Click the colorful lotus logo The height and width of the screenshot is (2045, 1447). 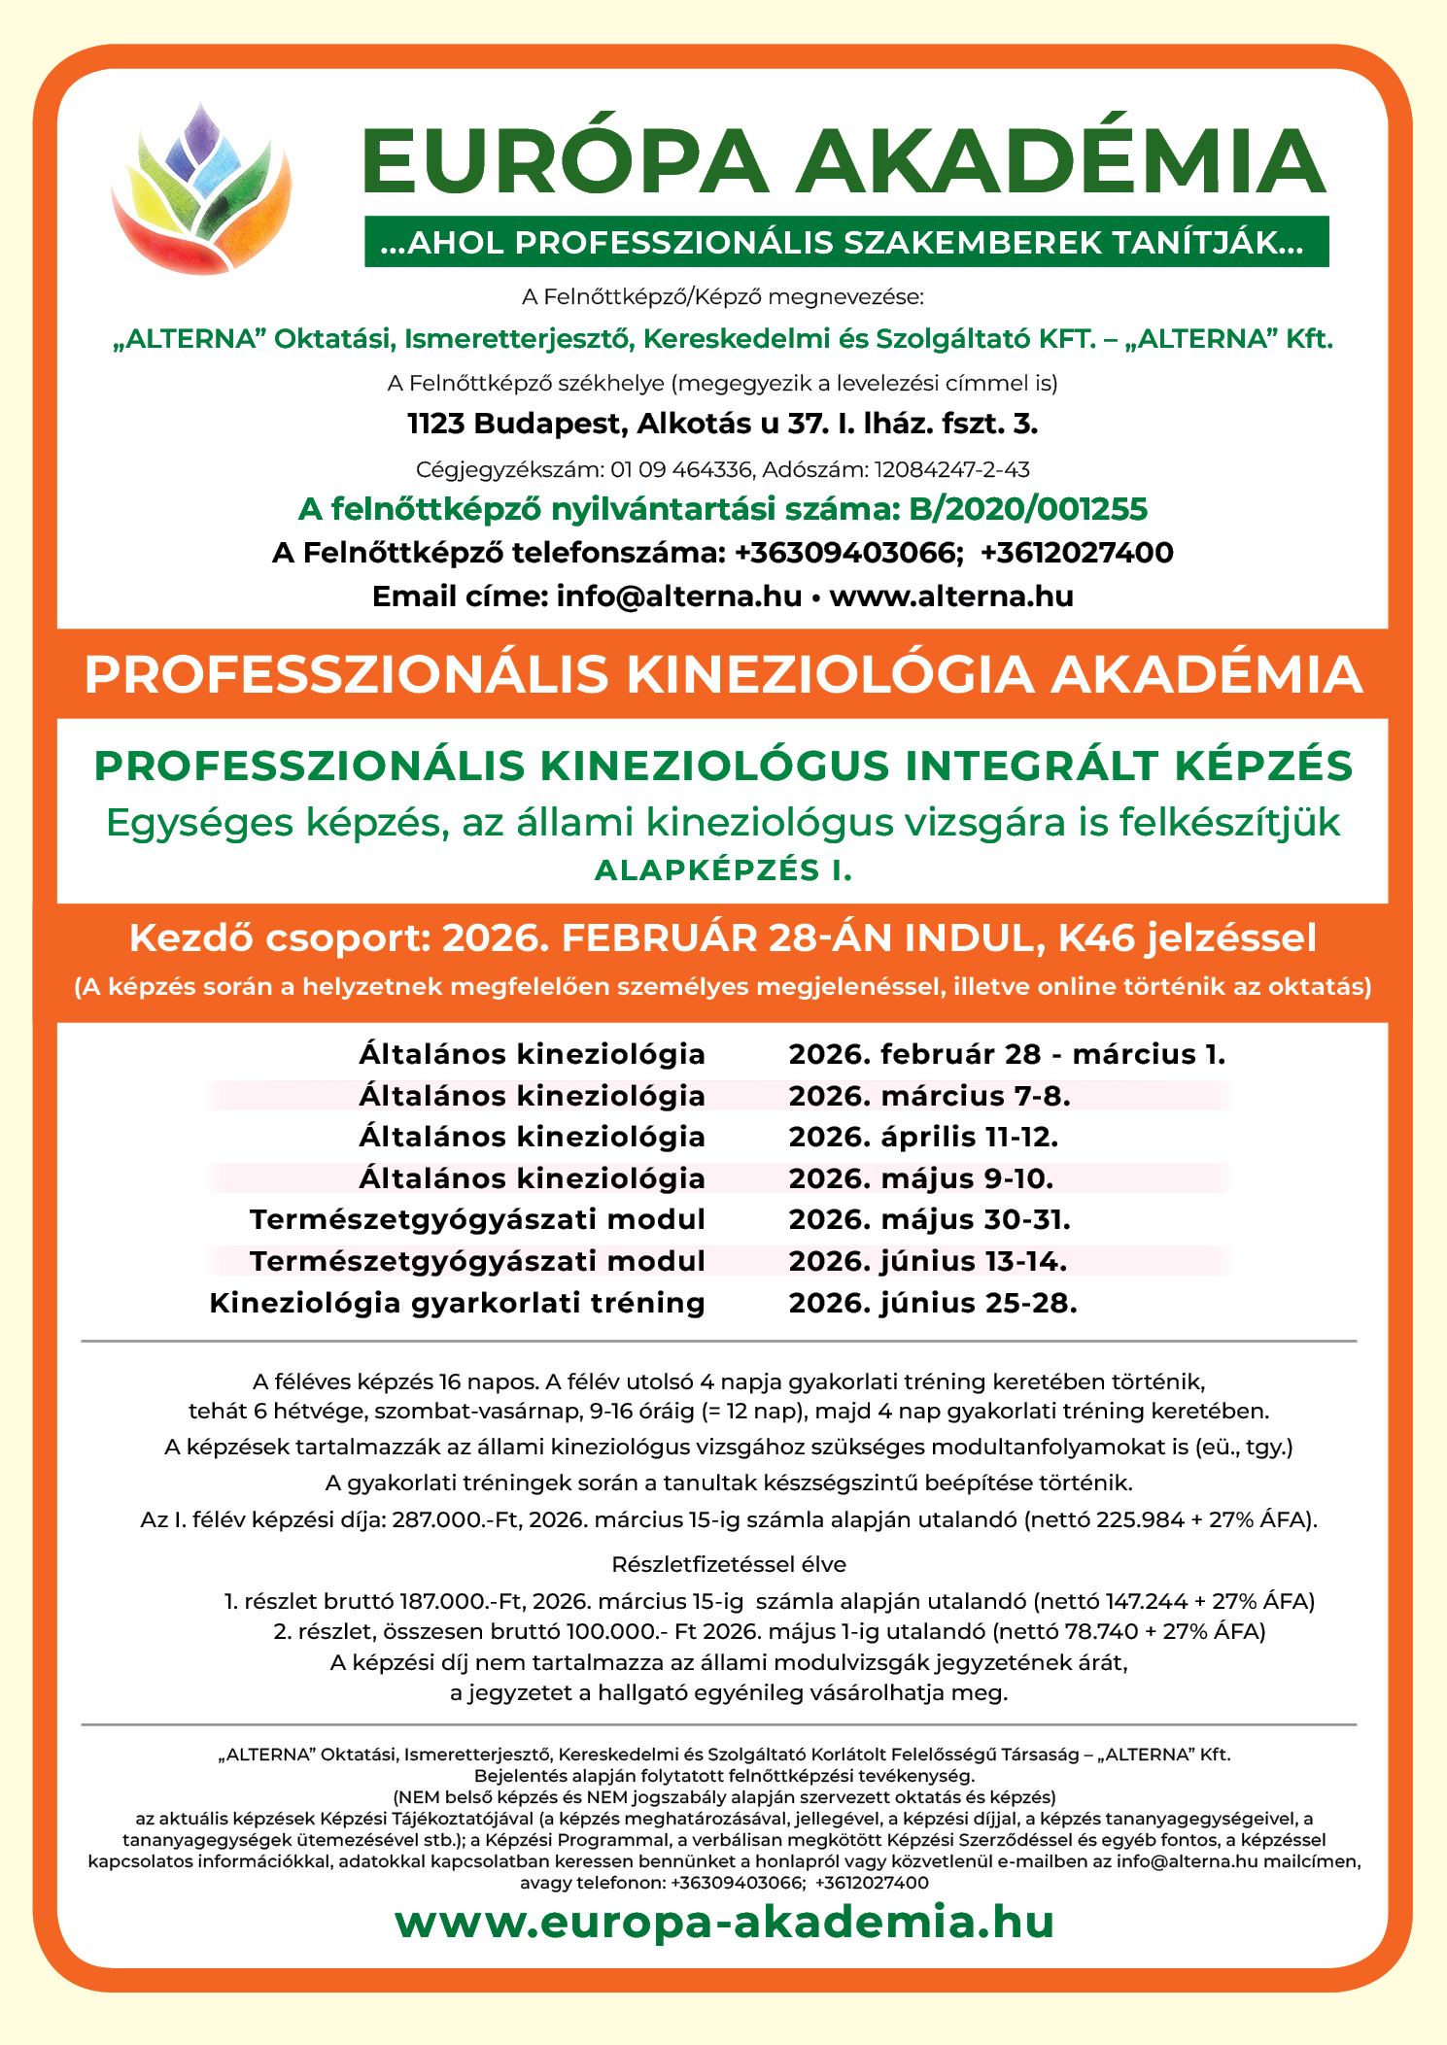coord(201,187)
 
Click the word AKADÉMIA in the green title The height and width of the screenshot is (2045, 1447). coord(1061,162)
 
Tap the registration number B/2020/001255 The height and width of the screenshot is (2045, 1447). coord(1028,509)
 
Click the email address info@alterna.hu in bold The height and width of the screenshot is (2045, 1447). coord(679,596)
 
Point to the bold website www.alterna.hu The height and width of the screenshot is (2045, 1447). coord(951,596)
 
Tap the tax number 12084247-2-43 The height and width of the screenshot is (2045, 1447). coord(951,470)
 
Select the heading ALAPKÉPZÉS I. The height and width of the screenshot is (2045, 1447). coord(723,870)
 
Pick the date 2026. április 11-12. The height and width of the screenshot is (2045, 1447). coord(923,1137)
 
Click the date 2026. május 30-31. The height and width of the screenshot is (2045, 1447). coord(929,1219)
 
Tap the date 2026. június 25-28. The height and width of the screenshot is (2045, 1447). coord(933,1303)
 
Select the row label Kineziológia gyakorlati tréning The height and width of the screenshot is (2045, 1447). coord(457,1303)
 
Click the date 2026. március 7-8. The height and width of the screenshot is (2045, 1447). coord(929,1096)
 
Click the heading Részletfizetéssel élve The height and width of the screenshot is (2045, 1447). coord(729,1564)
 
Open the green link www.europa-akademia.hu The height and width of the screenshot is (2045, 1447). coord(724,1923)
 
